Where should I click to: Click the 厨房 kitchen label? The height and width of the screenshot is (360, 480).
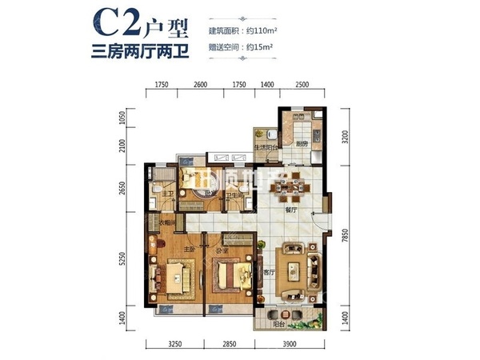(302, 144)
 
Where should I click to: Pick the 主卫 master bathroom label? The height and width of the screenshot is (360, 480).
(168, 194)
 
